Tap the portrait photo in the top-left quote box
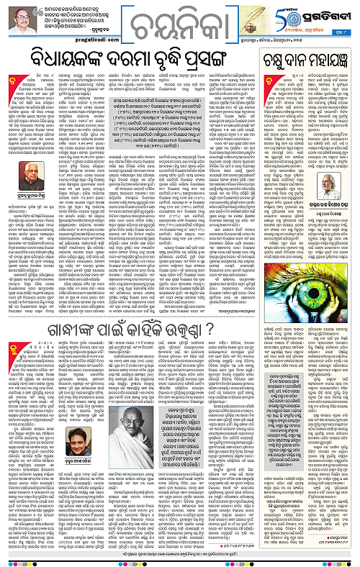pos(15,19)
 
